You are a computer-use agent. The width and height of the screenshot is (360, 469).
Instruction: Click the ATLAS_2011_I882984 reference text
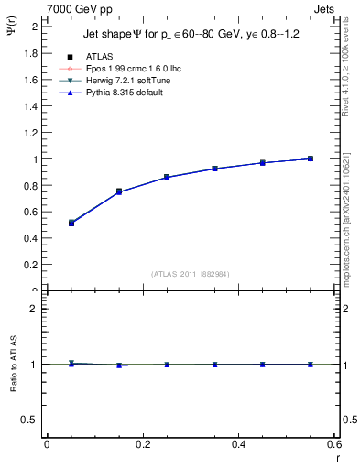click(x=191, y=273)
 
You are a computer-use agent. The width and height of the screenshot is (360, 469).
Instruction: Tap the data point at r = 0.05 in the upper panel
click(x=47, y=223)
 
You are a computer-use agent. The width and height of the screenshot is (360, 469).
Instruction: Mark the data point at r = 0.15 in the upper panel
click(x=119, y=191)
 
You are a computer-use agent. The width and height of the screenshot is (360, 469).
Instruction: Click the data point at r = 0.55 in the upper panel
click(x=311, y=158)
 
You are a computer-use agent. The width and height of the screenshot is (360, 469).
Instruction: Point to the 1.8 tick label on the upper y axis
click(x=32, y=53)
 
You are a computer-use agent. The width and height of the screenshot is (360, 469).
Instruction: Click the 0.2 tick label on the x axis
click(x=142, y=444)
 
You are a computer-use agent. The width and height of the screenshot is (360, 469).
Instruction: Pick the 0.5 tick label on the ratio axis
click(x=32, y=420)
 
